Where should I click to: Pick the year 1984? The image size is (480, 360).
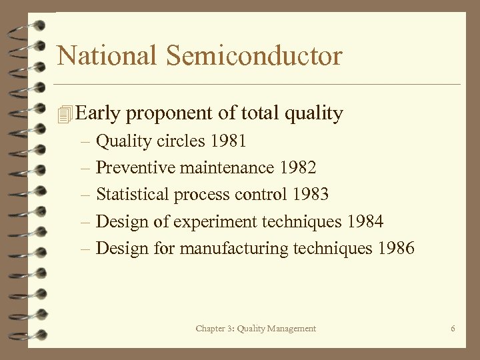[x=365, y=221]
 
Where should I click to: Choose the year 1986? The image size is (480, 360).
[x=395, y=249]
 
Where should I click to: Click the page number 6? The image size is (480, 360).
[x=453, y=329]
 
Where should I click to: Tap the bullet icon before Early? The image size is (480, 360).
[x=64, y=115]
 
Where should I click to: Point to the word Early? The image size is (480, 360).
[x=98, y=114]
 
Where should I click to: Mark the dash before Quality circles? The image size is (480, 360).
[x=86, y=141]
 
